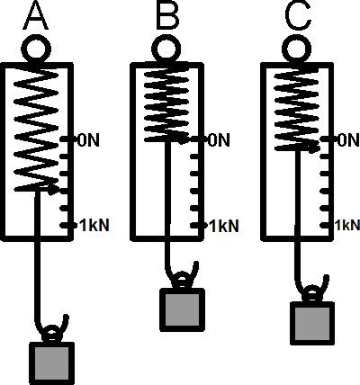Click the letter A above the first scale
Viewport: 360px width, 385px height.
click(36, 15)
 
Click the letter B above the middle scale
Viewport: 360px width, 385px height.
click(167, 15)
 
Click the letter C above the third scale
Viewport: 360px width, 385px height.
click(298, 15)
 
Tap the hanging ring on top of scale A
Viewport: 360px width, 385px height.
click(36, 49)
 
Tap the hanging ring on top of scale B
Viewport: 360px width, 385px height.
click(166, 49)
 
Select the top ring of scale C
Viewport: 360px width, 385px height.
click(297, 49)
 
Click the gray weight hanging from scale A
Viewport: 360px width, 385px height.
click(51, 363)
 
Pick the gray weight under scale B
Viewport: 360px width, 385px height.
click(183, 310)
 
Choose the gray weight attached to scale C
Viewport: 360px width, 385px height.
click(312, 323)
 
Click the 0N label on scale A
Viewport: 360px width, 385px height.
click(88, 140)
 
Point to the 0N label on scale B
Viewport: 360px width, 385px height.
click(219, 140)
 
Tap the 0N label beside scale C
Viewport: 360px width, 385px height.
click(348, 140)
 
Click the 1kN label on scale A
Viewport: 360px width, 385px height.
click(94, 226)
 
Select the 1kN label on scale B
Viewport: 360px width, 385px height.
click(224, 226)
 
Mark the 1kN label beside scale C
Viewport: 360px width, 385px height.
click(347, 225)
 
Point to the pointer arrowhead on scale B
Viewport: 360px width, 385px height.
click(184, 139)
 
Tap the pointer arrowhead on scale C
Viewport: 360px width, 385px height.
click(312, 148)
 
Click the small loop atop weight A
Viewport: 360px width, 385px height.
click(51, 333)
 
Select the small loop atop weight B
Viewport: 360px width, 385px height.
click(182, 280)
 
